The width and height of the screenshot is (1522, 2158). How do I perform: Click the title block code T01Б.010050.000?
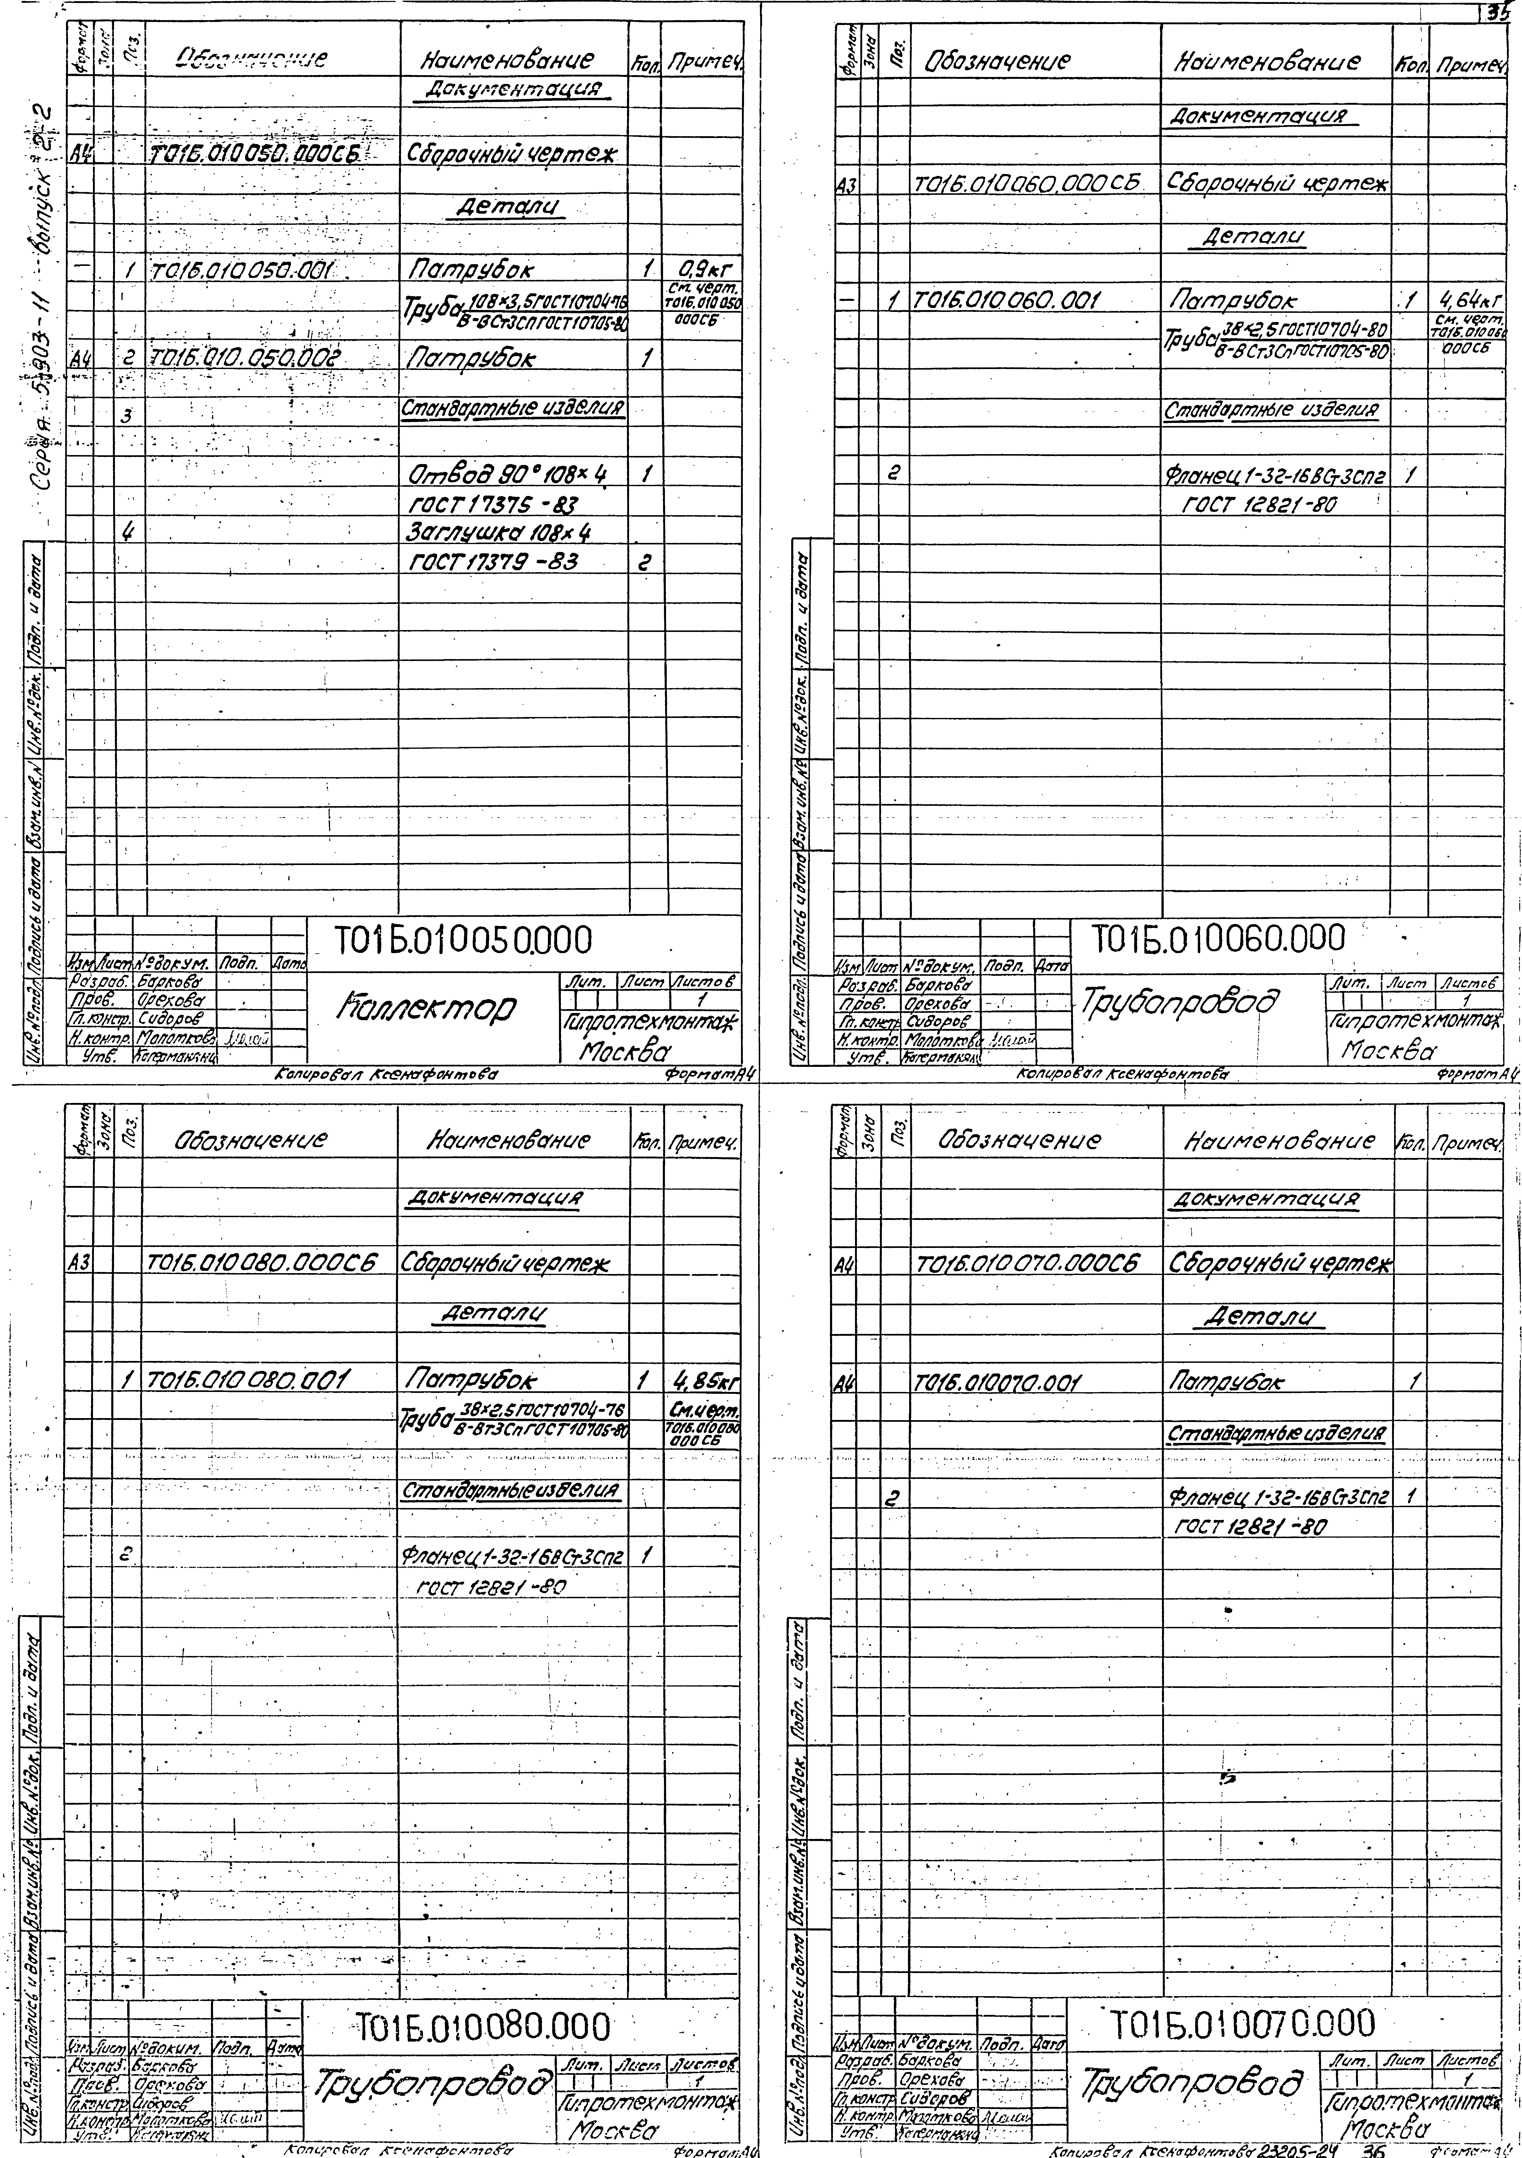(x=464, y=939)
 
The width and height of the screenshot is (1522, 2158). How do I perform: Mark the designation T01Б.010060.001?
(x=1008, y=302)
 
